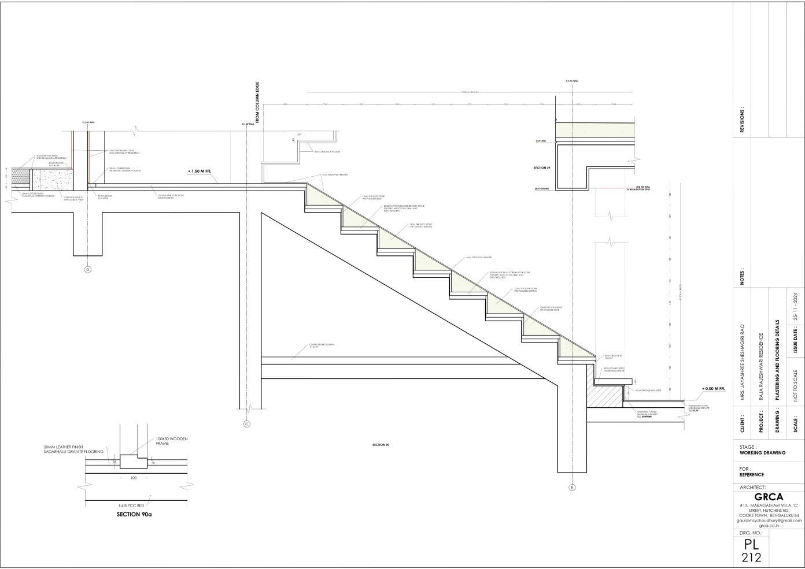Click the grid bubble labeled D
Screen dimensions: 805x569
pos(88,269)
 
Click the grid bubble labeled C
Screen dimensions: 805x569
pos(247,424)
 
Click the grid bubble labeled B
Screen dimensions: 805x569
pos(572,488)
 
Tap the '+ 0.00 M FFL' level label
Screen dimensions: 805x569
pos(713,389)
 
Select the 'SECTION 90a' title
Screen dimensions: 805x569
pos(136,514)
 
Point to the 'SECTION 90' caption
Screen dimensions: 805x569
pos(381,445)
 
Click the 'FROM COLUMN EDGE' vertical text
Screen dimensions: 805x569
pos(257,103)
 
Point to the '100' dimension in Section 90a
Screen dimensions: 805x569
pos(134,478)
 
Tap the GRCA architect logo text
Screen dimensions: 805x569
pos(769,497)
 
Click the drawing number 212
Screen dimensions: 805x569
pos(752,557)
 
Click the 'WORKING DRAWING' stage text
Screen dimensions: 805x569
pos(762,453)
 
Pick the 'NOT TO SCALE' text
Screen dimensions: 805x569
pos(796,386)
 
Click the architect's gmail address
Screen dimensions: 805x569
pos(769,520)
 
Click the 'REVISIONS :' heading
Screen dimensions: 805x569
pos(743,120)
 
